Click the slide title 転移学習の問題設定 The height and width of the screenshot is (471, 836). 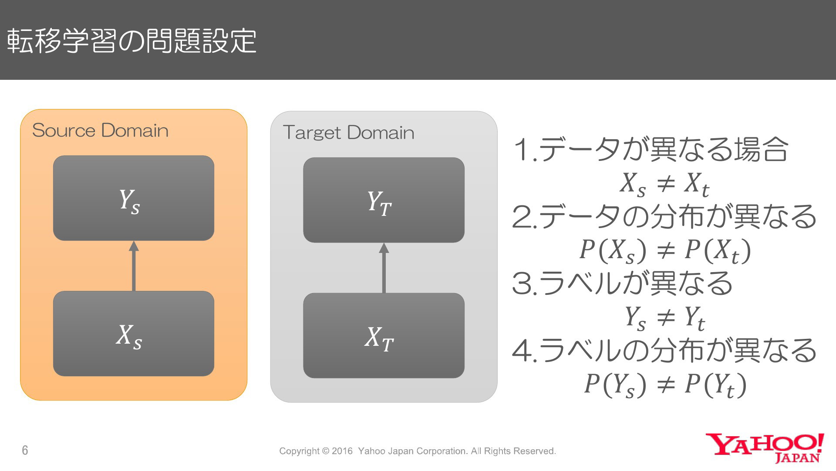point(131,41)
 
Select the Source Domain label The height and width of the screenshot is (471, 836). point(100,130)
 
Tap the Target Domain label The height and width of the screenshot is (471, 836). point(348,133)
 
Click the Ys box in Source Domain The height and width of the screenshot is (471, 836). point(134,198)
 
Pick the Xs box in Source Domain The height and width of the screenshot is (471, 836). point(134,334)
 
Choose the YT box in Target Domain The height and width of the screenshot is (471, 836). point(384,200)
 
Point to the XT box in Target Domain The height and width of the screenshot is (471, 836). point(384,336)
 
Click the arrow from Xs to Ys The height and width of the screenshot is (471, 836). point(134,266)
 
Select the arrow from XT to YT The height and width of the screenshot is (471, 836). point(384,268)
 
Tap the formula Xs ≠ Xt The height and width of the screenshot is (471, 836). point(664,184)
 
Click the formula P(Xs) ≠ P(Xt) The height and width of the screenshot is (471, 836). point(665,251)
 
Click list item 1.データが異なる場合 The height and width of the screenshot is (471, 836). point(651,149)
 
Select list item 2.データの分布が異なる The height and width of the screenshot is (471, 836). point(664,216)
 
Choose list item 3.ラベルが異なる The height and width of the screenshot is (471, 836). point(623,283)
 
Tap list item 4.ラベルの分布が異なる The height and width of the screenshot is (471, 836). point(664,350)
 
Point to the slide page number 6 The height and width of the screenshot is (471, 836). point(25,450)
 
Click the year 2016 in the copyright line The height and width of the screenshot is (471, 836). point(342,451)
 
